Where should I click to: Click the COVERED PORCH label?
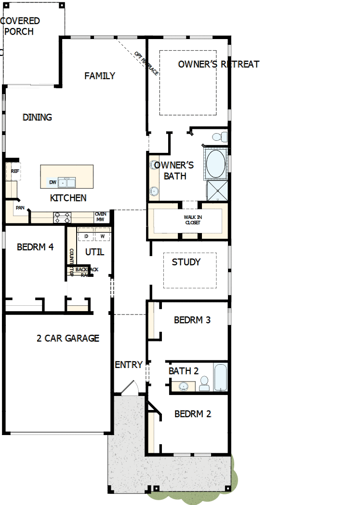click(x=20, y=26)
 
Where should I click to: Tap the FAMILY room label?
click(x=100, y=76)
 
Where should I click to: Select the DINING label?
click(x=37, y=117)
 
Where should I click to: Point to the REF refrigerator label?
click(x=15, y=171)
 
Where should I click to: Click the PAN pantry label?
click(x=20, y=208)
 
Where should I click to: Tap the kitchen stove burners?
click(x=62, y=218)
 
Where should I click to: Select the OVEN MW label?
click(x=100, y=217)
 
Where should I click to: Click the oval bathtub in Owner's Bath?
click(x=215, y=164)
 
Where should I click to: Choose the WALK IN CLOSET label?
click(x=193, y=220)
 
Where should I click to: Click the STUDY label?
click(x=186, y=262)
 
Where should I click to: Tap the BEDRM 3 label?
click(x=192, y=320)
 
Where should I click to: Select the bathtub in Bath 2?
click(x=220, y=377)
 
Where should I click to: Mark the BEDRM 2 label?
click(x=192, y=414)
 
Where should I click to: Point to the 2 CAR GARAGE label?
click(x=68, y=338)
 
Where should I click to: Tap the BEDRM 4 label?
click(x=35, y=247)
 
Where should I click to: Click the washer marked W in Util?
click(x=102, y=236)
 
